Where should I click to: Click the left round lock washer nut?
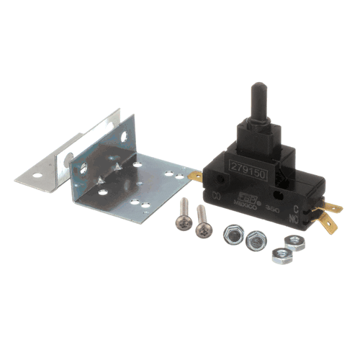(x=233, y=235)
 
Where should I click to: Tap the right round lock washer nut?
(x=255, y=240)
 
